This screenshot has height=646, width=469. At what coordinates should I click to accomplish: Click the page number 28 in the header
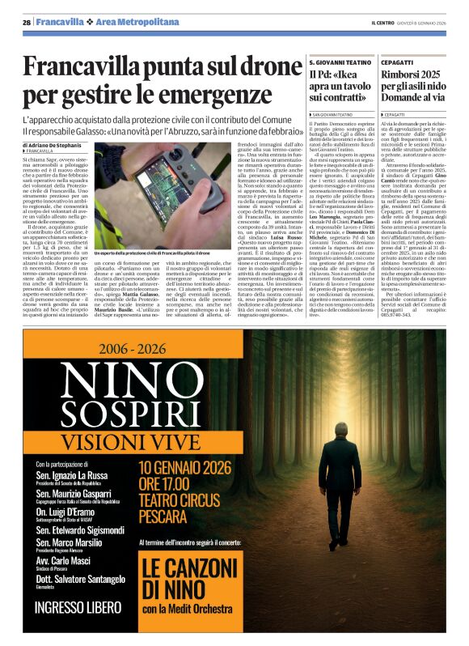tap(27, 23)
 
